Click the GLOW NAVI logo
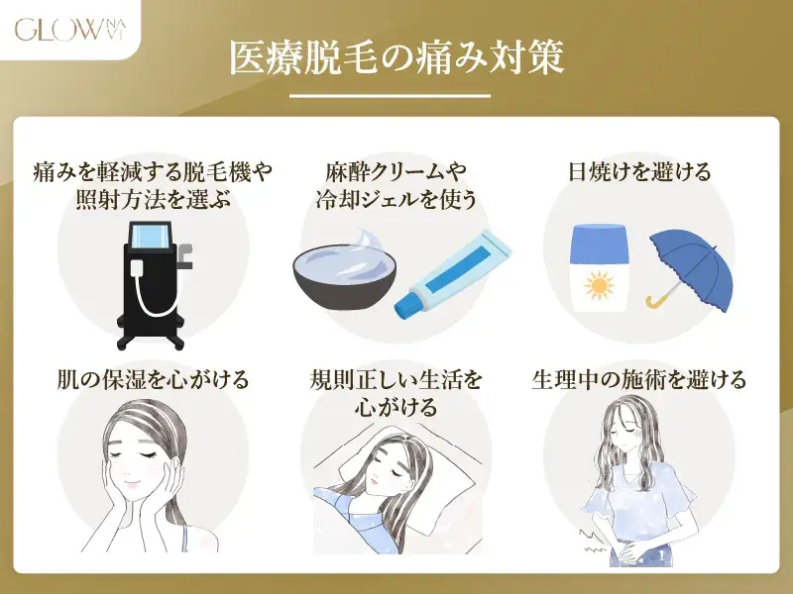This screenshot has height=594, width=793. coord(70,30)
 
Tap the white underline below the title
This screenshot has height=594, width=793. coord(390,95)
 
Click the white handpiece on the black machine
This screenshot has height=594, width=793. coord(138,267)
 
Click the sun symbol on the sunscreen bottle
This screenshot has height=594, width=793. coord(599,286)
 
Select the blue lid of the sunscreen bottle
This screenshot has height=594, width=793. coord(599,244)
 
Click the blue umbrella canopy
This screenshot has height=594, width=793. coord(691,267)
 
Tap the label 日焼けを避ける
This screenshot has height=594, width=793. coord(639,171)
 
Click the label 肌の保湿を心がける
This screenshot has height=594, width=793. coord(153,379)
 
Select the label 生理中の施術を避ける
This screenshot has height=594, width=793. coord(638,379)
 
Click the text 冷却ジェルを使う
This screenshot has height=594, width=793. coord(396,200)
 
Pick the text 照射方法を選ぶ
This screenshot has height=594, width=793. coord(154,200)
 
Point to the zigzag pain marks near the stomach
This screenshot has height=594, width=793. coord(592,541)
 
